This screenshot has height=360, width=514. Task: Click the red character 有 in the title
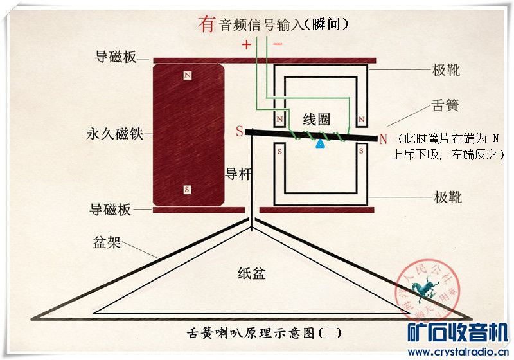point(206,24)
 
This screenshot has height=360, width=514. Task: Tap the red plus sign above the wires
point(246,45)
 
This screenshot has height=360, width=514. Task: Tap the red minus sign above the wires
point(278,44)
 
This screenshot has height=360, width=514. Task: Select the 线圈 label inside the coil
point(316,119)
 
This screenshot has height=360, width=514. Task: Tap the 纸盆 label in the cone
point(251,274)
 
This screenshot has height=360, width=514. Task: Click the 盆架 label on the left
point(107,243)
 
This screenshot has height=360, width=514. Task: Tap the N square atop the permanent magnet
point(187,76)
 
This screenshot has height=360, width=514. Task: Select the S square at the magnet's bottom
point(187,190)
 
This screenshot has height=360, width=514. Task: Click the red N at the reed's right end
point(383,138)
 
